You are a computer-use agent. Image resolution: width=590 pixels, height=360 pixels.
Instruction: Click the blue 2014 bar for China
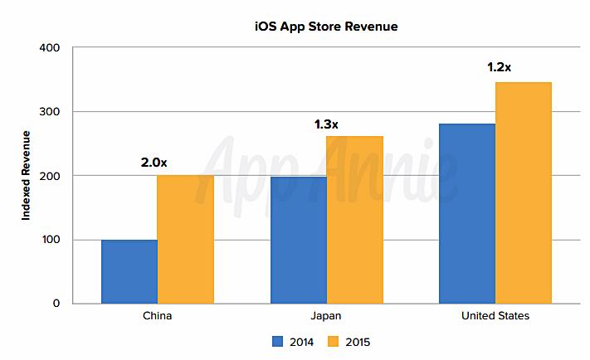click(129, 271)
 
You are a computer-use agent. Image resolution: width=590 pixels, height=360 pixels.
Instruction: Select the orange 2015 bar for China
click(185, 239)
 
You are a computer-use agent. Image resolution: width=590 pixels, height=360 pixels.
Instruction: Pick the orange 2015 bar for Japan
click(354, 220)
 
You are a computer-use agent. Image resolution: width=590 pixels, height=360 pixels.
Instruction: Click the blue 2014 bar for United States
click(467, 213)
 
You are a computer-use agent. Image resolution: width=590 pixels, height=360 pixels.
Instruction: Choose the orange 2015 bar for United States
click(523, 192)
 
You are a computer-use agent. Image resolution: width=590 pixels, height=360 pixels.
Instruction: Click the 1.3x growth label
click(326, 124)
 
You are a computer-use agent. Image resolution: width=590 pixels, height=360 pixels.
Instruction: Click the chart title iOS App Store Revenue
click(325, 27)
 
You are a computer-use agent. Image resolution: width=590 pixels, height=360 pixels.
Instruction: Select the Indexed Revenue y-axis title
click(26, 175)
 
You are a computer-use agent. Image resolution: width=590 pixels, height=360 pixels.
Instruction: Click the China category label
click(157, 316)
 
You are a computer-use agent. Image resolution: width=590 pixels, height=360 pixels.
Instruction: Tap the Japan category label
click(326, 316)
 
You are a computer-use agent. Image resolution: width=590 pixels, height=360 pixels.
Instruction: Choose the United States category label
click(495, 316)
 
